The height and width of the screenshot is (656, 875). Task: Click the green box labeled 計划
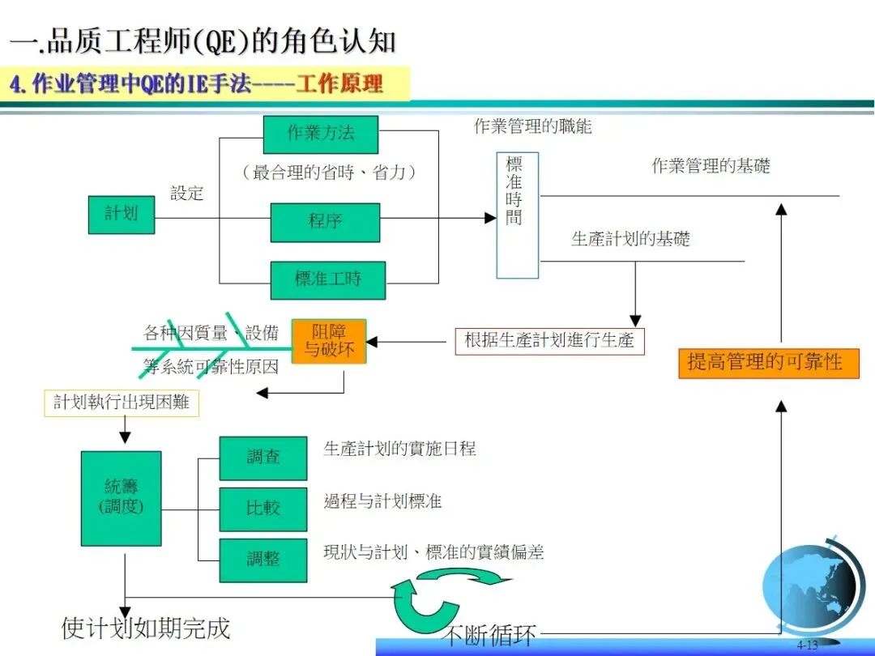tap(121, 215)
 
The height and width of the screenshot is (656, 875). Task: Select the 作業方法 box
tap(321, 134)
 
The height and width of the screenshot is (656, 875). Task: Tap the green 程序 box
tap(325, 222)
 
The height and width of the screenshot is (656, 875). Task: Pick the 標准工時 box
tap(328, 280)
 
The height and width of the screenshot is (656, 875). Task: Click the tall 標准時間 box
tap(517, 215)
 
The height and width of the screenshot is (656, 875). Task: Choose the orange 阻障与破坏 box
tap(329, 341)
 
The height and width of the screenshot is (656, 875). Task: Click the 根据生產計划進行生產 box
tap(549, 341)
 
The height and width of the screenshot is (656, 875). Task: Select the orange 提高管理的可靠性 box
tap(768, 362)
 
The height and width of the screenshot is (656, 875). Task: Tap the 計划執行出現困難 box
tap(122, 403)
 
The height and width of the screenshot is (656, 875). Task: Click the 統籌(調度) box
tap(122, 497)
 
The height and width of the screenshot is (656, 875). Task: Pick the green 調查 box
tap(263, 458)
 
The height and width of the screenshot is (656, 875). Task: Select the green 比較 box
tap(263, 509)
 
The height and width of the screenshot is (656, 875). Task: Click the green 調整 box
tap(263, 560)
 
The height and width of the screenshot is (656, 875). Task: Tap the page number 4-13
tap(807, 645)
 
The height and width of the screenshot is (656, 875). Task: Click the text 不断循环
tap(489, 635)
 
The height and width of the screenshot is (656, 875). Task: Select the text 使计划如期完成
tap(146, 628)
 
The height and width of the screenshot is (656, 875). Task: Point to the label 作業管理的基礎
tap(711, 167)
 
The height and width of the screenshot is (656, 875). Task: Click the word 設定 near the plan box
tap(187, 194)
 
